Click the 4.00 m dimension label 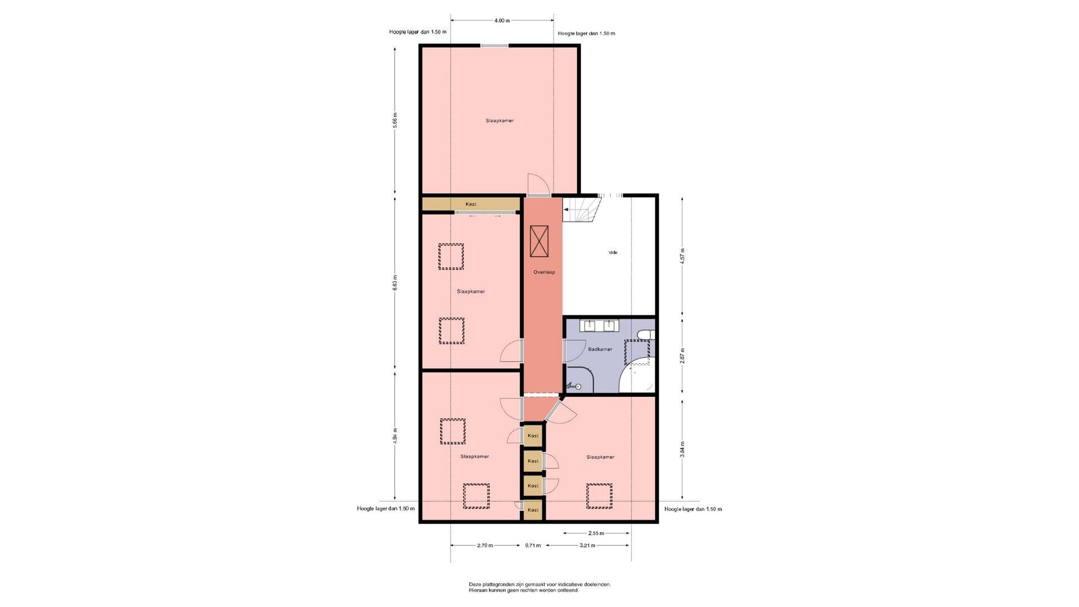(502, 21)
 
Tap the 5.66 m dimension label (395, 121)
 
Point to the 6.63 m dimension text (395, 282)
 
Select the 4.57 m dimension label (682, 256)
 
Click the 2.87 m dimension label (682, 355)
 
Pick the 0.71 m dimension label (533, 545)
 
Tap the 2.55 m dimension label (596, 533)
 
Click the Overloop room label (544, 273)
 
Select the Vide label (613, 253)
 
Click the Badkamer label (600, 350)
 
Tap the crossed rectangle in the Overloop (539, 242)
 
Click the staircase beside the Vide (582, 209)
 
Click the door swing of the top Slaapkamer (537, 184)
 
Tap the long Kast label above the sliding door (471, 204)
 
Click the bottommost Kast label (533, 510)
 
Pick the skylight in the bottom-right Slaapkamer (600, 496)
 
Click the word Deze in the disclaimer (475, 585)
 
